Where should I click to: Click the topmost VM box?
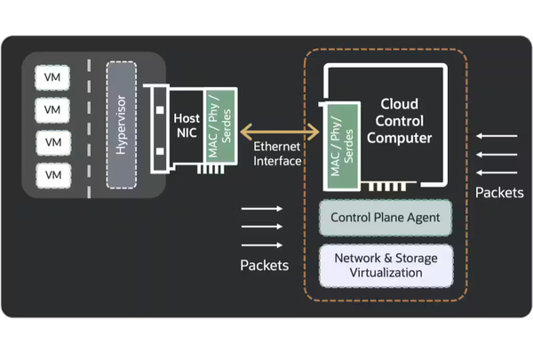[x=52, y=77]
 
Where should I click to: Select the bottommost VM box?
[x=52, y=173]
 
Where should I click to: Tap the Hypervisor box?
[x=121, y=124]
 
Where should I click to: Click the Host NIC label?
[x=187, y=124]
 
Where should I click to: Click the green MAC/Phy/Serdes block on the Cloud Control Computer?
[x=342, y=147]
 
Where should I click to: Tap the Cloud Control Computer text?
[x=399, y=121]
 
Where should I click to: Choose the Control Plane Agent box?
[x=386, y=218]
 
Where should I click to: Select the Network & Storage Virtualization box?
[x=386, y=265]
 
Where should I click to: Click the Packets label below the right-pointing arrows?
[x=264, y=265]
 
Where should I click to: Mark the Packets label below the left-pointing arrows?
[x=499, y=192]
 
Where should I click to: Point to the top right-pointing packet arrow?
[x=262, y=209]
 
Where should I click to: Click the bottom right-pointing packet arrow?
[x=262, y=244]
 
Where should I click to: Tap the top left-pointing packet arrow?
[x=497, y=136]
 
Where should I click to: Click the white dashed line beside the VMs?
[x=89, y=124]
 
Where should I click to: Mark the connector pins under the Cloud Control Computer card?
[x=387, y=188]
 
